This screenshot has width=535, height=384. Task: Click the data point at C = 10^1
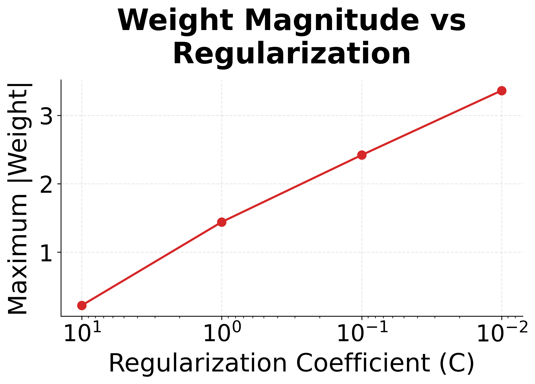82,305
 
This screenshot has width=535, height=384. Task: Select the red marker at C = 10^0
222,222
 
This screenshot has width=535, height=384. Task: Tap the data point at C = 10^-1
362,155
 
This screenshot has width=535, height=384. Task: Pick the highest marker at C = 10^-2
502,91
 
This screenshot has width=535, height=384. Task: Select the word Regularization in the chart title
292,54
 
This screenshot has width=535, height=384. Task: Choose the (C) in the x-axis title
457,363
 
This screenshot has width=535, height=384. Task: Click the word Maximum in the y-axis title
18,254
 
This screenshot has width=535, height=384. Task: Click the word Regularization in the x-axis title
198,363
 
